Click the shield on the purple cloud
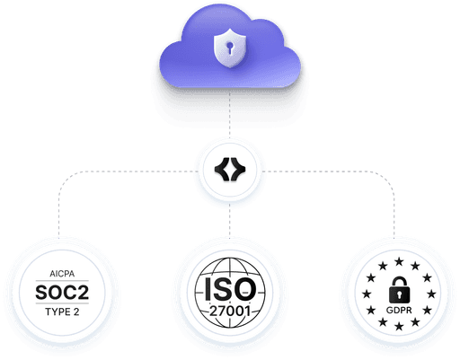[230, 48]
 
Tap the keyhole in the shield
[230, 48]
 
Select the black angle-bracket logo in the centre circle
[230, 170]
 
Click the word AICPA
[62, 274]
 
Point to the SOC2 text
[62, 293]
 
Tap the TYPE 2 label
[62, 312]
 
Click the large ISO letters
[230, 289]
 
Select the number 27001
[230, 311]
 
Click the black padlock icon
[399, 290]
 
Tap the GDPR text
[399, 311]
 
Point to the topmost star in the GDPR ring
[399, 262]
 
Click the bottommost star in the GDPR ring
[399, 326]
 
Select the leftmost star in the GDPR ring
[367, 294]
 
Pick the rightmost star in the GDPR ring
[431, 294]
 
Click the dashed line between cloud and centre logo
[230, 114]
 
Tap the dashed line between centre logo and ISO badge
[230, 221]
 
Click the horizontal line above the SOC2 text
[62, 281]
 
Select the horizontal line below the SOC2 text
[62, 303]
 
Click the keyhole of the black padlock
[399, 294]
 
